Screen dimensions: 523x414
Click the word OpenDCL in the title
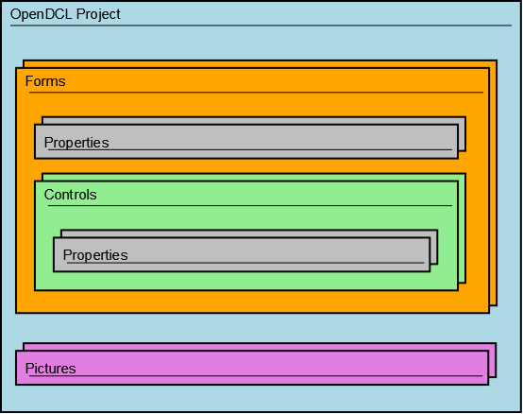(x=42, y=14)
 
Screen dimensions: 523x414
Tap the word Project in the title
(x=98, y=15)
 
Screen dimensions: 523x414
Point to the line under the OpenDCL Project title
(x=261, y=26)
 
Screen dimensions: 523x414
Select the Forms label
(x=45, y=81)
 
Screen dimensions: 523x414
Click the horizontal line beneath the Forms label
(x=256, y=92)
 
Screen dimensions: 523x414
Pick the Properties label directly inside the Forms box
(x=76, y=143)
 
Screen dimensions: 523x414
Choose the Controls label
(x=71, y=195)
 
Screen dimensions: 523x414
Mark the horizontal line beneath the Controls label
(x=250, y=205)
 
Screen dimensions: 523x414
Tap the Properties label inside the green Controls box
(x=95, y=255)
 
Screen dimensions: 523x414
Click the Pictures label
(x=51, y=369)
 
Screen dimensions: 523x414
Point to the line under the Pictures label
(x=256, y=375)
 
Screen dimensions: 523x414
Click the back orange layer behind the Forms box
(x=494, y=183)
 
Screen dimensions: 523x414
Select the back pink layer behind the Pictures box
(x=492, y=360)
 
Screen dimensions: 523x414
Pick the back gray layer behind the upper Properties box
(x=462, y=134)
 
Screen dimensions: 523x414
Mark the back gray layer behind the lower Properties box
(x=434, y=247)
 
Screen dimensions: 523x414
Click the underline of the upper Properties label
(x=250, y=149)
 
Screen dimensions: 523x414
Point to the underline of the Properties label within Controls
(x=245, y=263)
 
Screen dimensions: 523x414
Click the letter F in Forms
(x=28, y=81)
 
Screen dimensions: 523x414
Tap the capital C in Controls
(x=49, y=195)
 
